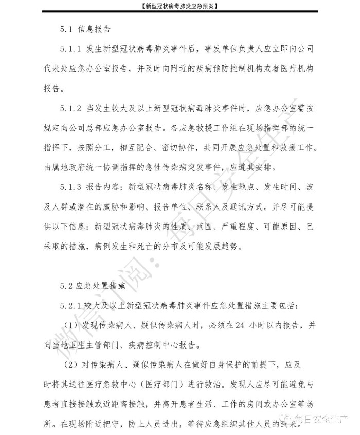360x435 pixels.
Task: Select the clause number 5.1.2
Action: coord(70,108)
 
